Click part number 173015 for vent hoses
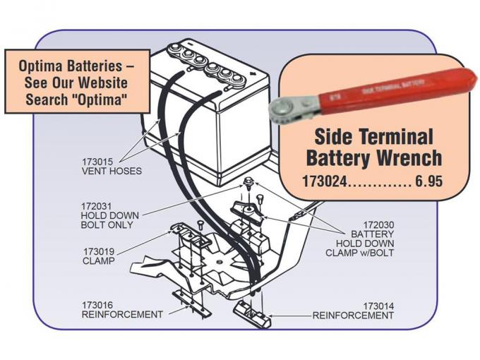tap(98, 162)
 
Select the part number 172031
tap(97, 206)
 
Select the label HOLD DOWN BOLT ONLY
tap(109, 220)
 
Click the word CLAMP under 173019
tap(99, 260)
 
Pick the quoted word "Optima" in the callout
tap(104, 100)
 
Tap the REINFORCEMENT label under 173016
tap(122, 314)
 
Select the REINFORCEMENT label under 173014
tap(353, 315)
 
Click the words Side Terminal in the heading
tap(373, 135)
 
